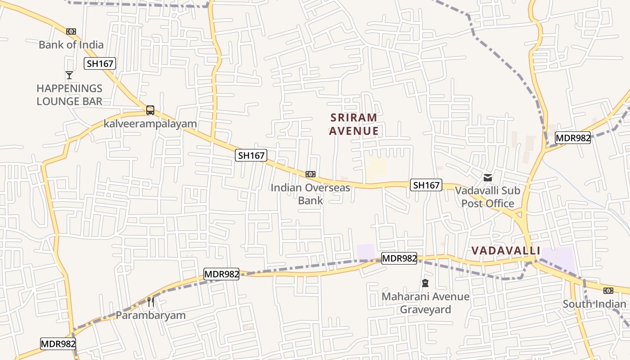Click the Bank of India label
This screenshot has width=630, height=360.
tap(71, 45)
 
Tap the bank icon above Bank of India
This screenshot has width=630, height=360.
tap(71, 31)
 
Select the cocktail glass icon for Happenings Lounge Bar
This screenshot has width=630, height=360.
tap(69, 75)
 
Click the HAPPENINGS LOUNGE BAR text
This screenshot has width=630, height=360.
tap(70, 94)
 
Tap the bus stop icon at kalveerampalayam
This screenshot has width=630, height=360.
tap(150, 110)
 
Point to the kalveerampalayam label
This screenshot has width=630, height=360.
tap(150, 124)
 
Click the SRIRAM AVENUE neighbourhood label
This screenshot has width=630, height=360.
tap(354, 124)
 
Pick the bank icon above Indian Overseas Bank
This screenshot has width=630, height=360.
tap(310, 174)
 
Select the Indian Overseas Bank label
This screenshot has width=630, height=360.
tap(310, 193)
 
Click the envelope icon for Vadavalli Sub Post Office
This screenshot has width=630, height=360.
tap(488, 178)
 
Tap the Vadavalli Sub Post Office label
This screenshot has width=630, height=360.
tap(488, 197)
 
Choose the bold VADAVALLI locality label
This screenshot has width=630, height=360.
tap(506, 251)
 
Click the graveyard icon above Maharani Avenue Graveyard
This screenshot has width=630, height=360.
tap(425, 283)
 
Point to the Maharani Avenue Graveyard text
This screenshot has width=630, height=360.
tap(425, 303)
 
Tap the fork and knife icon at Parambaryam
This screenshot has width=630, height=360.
tap(151, 301)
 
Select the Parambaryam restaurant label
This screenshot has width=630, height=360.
tap(151, 315)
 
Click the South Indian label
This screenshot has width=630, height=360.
tap(594, 304)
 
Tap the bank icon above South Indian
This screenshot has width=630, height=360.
tap(608, 291)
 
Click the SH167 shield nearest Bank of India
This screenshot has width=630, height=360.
tap(100, 63)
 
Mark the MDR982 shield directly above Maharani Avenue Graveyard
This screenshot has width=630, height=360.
tap(399, 258)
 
